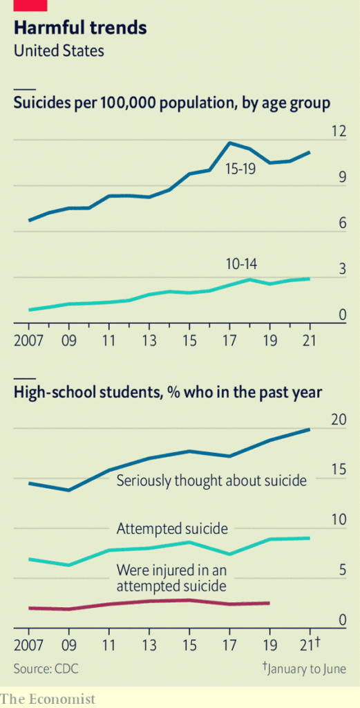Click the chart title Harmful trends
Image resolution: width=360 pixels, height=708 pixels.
80,28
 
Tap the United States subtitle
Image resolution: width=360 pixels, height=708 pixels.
59,50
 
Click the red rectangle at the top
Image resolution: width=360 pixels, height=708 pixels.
30,5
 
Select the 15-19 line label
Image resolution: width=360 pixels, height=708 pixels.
240,170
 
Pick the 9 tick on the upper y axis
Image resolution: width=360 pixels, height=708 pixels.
342,178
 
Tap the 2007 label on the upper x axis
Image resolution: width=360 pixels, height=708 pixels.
28,340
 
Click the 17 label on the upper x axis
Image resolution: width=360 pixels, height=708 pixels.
230,340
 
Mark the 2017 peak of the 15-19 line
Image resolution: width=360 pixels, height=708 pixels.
230,143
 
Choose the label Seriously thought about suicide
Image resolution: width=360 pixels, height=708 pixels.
211,481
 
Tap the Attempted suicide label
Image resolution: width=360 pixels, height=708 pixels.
172,528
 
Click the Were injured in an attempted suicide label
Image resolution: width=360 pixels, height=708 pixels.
171,578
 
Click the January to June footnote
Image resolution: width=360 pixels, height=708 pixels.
304,668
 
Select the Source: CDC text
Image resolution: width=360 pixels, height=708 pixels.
46,669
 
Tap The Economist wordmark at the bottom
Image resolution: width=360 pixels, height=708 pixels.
48,699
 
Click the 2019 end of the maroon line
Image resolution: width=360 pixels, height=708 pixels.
269,603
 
